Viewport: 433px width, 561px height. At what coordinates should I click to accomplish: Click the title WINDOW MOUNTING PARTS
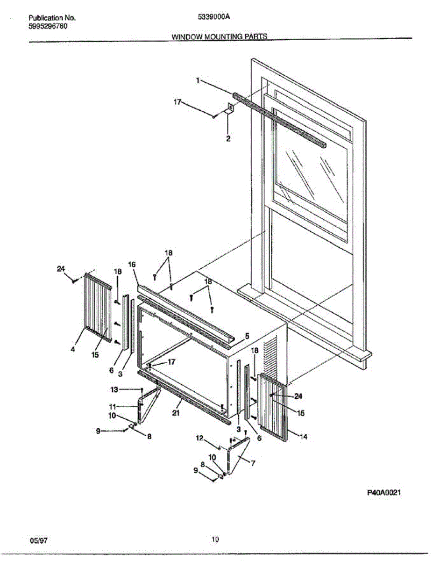pos(219,36)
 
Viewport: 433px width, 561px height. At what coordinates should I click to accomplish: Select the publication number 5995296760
pos(48,26)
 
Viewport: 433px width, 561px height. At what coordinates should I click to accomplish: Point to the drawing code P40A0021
pos(384,493)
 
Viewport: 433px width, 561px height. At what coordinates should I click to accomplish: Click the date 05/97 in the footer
pos(39,540)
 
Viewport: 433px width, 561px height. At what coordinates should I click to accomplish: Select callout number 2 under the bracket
pos(228,138)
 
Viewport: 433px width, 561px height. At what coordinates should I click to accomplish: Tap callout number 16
pos(132,264)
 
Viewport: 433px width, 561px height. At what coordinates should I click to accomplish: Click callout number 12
pos(199,438)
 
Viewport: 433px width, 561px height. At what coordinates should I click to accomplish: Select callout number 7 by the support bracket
pos(253,463)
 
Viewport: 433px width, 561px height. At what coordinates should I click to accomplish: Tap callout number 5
pos(247,336)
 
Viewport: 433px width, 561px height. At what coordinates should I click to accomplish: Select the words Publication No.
pos(52,18)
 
